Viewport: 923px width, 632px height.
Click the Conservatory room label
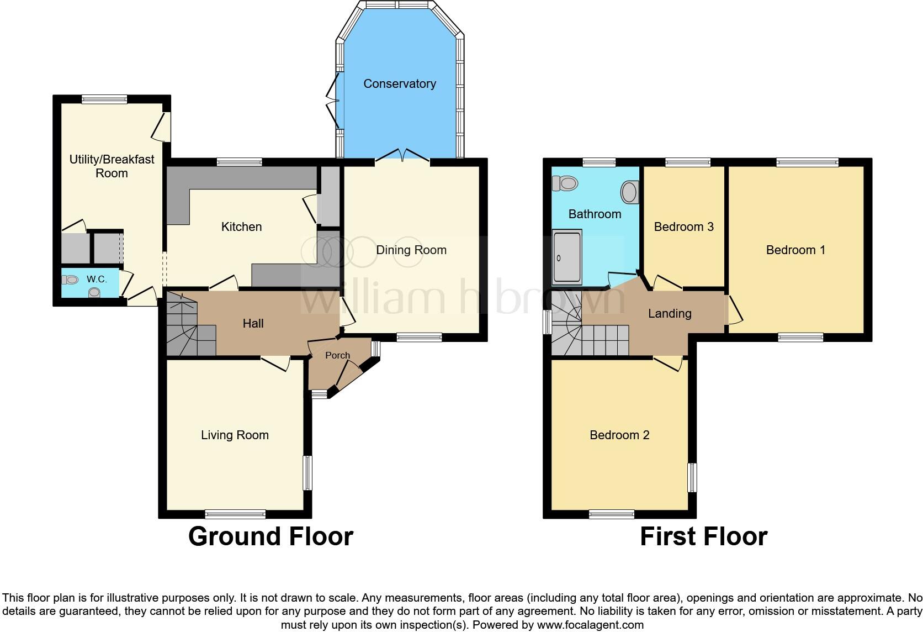click(400, 84)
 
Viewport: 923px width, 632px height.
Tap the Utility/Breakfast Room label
click(112, 166)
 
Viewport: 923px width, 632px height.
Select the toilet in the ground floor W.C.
click(70, 280)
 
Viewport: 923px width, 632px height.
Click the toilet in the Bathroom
click(565, 182)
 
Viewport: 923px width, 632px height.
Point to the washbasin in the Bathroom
click(629, 192)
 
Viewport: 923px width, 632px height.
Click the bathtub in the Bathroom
click(567, 257)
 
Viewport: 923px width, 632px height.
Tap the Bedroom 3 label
click(683, 227)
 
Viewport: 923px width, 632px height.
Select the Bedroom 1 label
click(795, 250)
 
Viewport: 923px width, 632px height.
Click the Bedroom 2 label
click(619, 435)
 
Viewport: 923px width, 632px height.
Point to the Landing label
click(669, 314)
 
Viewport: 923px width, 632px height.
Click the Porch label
click(337, 355)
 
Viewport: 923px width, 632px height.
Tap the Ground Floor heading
click(270, 536)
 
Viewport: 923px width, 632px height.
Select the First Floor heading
click(703, 536)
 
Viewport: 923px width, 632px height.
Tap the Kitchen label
click(241, 227)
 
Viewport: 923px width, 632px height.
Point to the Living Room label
click(235, 435)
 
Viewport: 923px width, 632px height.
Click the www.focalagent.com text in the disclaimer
click(590, 625)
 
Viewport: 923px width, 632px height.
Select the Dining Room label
click(411, 250)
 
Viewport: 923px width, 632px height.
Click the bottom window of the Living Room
click(235, 514)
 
